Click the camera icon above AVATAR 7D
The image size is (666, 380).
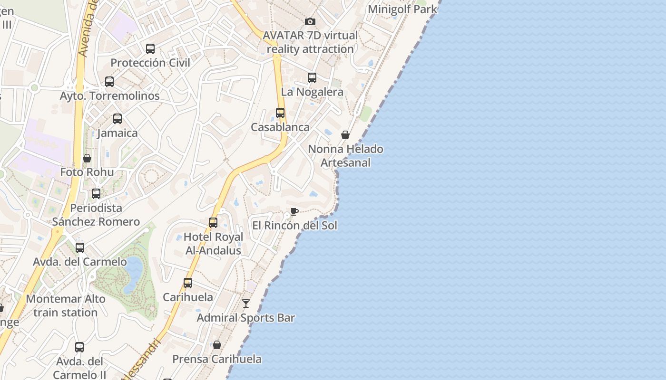(310, 21)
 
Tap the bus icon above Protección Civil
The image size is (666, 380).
(150, 48)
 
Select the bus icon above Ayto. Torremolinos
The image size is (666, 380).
(109, 82)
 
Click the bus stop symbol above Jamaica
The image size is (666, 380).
(118, 119)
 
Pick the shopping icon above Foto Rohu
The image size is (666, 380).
(87, 158)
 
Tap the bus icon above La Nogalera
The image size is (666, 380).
(312, 78)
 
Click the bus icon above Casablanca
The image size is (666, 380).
(280, 113)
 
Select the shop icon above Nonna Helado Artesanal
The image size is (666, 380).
(345, 135)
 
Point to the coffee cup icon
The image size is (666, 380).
(294, 211)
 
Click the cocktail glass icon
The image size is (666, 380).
(246, 304)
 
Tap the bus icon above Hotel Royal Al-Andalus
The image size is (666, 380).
(213, 222)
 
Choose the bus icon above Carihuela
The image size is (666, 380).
(188, 283)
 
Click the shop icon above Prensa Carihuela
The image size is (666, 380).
(217, 345)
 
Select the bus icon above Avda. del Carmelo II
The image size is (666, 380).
(79, 347)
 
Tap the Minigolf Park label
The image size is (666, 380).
(402, 9)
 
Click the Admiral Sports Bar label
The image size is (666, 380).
(246, 318)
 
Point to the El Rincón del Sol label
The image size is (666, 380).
(294, 225)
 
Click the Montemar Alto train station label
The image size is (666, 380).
(66, 306)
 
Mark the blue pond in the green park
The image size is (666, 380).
(133, 273)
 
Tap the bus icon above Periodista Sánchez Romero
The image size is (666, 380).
(96, 194)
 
